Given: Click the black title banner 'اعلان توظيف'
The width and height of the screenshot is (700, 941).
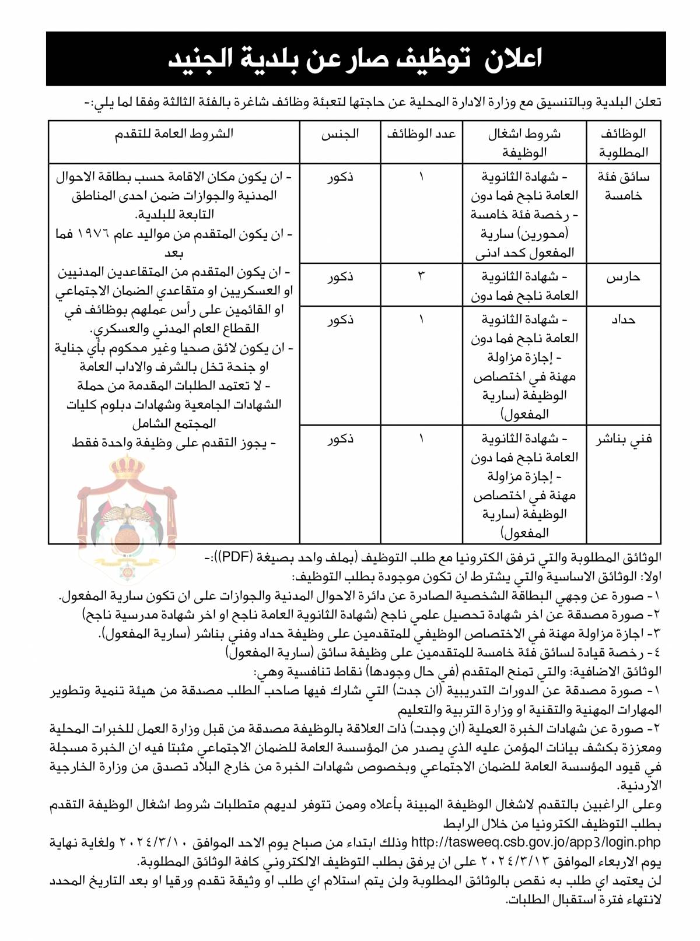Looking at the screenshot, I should [356, 59].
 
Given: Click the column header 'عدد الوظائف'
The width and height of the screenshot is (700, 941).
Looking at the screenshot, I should [421, 134].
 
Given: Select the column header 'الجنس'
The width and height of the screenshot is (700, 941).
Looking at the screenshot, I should [340, 134].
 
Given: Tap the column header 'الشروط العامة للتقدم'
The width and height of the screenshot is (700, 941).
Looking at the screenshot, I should [174, 134].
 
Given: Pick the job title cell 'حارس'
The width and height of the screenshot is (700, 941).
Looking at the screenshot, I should [623, 277].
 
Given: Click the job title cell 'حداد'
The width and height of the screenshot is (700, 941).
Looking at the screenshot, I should [623, 319].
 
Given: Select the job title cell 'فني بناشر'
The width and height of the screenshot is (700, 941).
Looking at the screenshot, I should [623, 439].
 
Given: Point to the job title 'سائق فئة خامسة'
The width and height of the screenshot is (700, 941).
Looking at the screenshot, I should [623, 186].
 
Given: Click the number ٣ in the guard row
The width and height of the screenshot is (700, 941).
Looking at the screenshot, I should [421, 276].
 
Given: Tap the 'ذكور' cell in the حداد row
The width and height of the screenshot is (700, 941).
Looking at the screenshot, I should [340, 320].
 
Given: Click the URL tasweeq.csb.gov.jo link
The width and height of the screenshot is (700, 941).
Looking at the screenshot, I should [535, 842].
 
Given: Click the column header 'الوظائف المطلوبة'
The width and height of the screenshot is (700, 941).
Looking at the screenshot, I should [623, 143].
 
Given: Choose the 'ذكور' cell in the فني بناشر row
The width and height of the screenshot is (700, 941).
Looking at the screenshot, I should [340, 439].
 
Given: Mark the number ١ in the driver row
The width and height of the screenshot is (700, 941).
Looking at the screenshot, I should [421, 176].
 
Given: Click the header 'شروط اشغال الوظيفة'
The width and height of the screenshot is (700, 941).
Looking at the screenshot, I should [524, 143].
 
